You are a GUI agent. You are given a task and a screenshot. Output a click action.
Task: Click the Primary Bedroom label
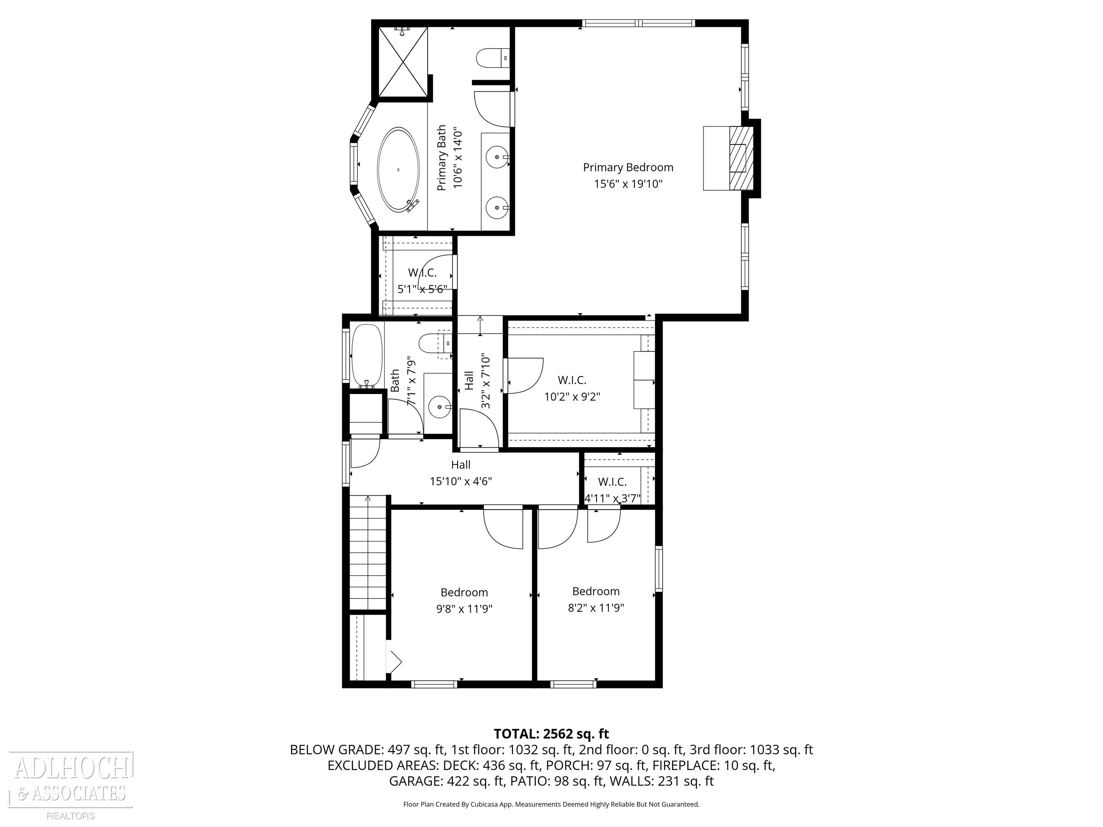pos(628,168)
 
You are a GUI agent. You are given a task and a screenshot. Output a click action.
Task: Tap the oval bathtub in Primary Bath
pos(399,170)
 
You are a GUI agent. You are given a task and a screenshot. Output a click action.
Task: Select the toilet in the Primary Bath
pos(493,58)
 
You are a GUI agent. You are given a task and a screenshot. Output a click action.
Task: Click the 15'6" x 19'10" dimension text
pos(628,184)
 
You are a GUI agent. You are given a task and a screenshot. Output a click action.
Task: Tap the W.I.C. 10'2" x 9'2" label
pos(572,388)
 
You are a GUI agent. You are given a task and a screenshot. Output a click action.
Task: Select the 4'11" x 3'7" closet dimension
pos(612,498)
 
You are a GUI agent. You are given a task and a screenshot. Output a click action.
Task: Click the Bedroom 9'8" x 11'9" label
pos(464,600)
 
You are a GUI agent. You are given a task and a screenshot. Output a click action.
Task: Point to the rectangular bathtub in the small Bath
pos(368,356)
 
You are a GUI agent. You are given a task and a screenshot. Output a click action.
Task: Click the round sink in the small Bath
pos(440,407)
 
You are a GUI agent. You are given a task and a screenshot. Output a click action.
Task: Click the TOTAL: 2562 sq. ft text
pos(551,734)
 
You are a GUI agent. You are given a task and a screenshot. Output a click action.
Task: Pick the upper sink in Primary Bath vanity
pos(497,158)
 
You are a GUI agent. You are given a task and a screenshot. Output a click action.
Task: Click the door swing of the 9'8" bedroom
pos(503,527)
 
